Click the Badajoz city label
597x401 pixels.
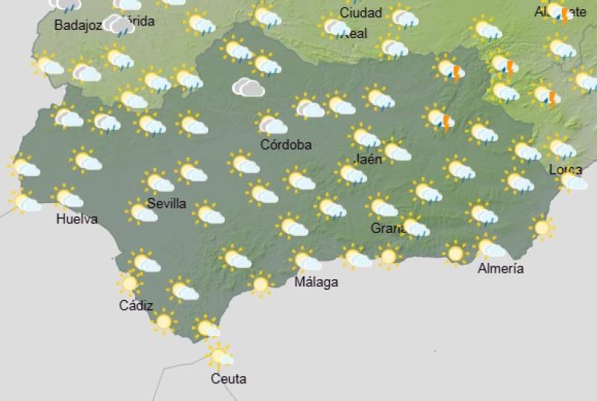[x=78, y=25]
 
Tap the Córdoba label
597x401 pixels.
[x=286, y=144]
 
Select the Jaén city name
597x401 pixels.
[x=367, y=158]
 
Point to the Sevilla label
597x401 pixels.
[x=166, y=203]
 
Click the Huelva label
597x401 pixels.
[x=77, y=219]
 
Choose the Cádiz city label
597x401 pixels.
[x=136, y=305]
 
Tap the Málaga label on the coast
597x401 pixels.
[x=316, y=282]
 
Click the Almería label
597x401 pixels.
[x=500, y=268]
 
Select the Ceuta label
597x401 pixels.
[x=228, y=379]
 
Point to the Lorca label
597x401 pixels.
[x=564, y=170]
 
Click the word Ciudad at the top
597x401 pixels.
[x=360, y=13]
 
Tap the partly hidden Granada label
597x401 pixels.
[x=387, y=228]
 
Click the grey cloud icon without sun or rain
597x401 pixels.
[x=248, y=87]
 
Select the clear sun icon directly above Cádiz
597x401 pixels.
[x=130, y=283]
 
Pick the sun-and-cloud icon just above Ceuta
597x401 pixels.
[x=219, y=355]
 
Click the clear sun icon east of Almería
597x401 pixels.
[x=542, y=227]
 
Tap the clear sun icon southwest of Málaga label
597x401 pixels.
[x=260, y=284]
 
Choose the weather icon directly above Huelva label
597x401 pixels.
[x=69, y=198]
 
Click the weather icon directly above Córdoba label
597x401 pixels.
[x=272, y=123]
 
